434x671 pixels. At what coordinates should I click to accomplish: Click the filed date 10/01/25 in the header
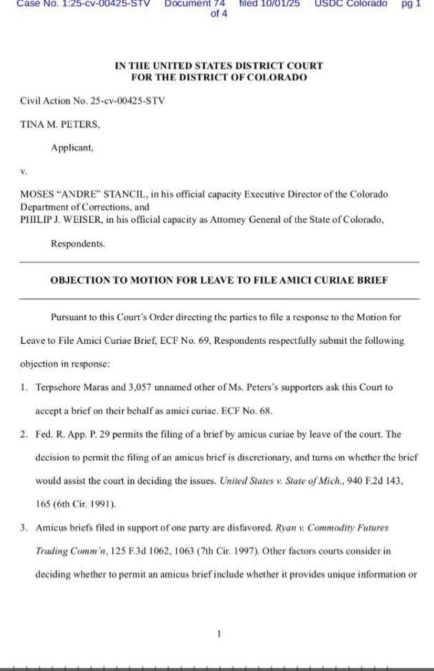pos(269,3)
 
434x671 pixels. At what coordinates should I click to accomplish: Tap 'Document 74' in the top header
pos(195,3)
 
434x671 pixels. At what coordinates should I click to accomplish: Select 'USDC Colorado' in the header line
pos(351,3)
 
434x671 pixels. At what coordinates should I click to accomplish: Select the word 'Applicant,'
pos(72,148)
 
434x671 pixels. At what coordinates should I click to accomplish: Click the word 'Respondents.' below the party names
pos(78,244)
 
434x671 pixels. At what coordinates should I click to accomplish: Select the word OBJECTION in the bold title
pos(78,280)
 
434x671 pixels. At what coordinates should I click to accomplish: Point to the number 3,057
pos(141,388)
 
